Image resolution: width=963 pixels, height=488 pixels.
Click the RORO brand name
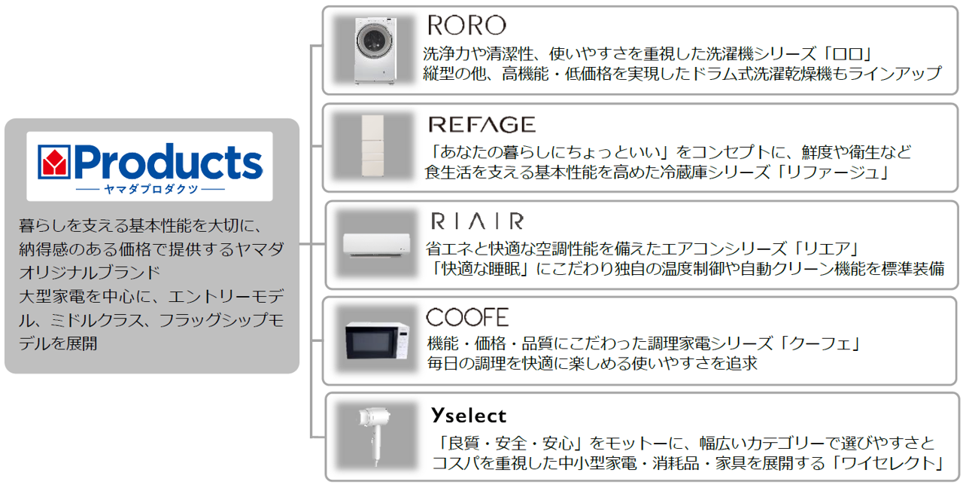(466, 26)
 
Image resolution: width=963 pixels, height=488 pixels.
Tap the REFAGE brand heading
(481, 124)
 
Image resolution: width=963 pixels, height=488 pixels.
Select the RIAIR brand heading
(477, 221)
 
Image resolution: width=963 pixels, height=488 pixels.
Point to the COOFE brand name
(467, 317)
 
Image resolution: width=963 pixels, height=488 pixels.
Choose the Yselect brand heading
(469, 415)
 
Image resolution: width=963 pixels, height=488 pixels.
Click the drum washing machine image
(375, 50)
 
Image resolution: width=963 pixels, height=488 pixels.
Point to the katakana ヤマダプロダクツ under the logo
(150, 189)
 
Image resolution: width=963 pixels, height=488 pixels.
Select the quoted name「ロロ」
(846, 54)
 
